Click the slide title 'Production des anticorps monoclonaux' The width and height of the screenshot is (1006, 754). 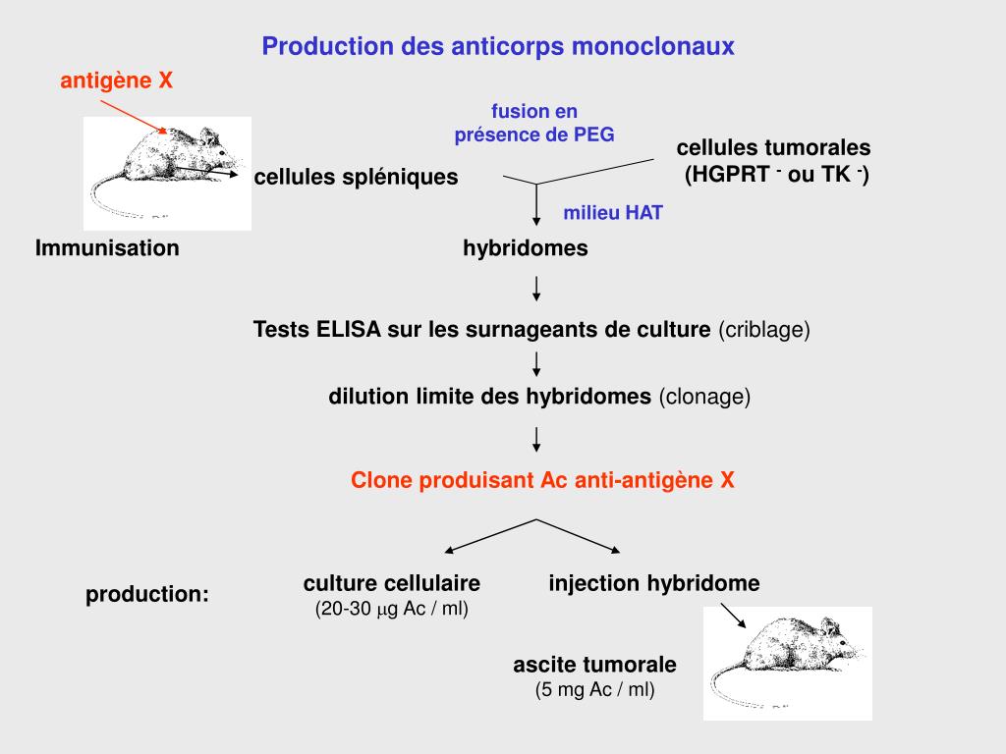498,46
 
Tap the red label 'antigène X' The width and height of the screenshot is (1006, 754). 117,81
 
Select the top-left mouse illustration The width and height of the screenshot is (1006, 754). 167,173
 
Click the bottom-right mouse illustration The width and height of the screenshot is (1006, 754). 788,663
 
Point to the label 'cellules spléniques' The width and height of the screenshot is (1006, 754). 356,178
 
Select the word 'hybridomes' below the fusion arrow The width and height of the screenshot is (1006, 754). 526,248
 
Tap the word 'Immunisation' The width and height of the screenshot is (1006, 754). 107,248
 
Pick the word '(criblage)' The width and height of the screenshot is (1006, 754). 764,330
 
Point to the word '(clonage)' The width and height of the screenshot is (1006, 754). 704,397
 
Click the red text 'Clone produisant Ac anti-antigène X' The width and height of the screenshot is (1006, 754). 543,480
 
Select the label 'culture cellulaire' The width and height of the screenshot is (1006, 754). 392,583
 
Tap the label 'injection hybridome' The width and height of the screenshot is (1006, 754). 654,583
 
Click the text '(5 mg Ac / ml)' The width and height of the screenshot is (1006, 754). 595,689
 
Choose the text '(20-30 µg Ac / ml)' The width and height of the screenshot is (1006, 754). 392,609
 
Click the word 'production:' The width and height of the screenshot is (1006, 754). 147,594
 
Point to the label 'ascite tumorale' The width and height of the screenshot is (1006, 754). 594,665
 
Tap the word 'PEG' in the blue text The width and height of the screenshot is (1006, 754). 594,135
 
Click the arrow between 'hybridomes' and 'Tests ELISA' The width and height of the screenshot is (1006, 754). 536,289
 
